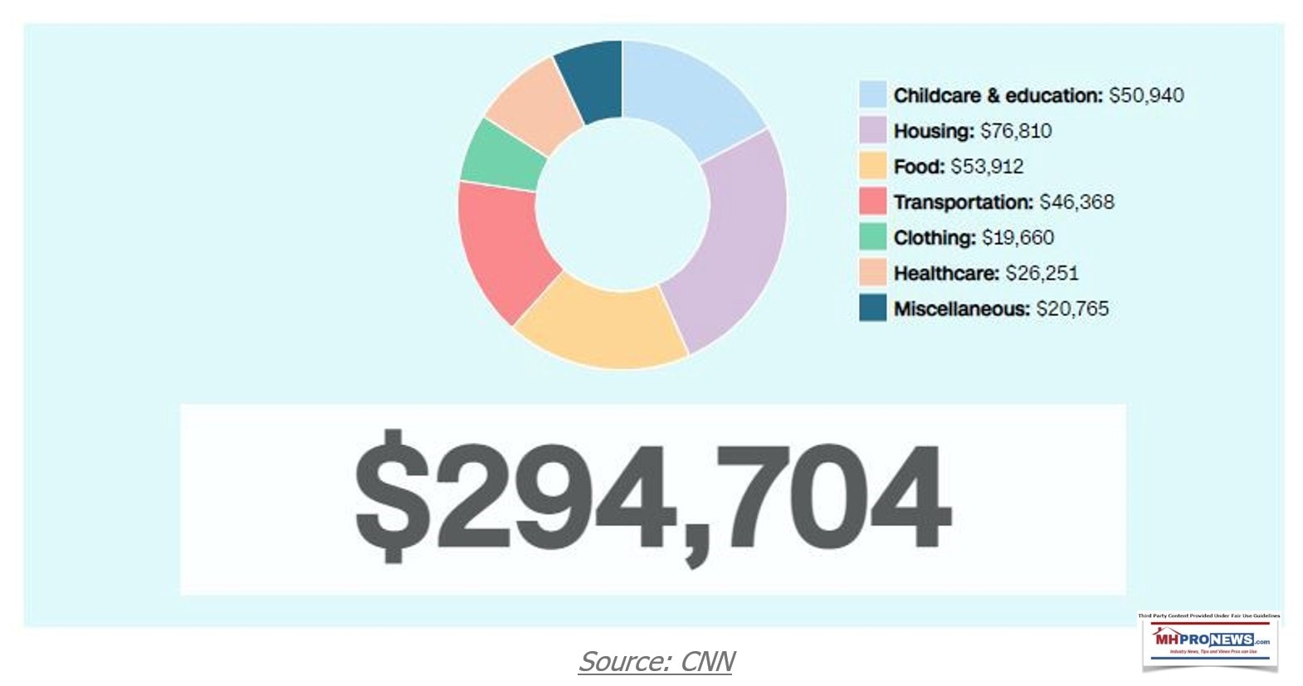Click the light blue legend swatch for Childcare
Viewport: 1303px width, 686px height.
[872, 95]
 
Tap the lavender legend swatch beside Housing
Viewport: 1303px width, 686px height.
[872, 130]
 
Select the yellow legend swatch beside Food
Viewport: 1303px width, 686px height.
[872, 166]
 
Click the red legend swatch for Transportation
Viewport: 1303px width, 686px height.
[872, 202]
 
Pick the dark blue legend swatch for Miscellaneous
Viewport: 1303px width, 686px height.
[872, 309]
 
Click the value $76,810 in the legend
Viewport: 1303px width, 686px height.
[1016, 131]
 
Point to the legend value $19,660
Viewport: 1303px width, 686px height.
[1018, 238]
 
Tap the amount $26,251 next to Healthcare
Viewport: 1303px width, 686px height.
[1042, 273]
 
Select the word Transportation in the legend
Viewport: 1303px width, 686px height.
[963, 202]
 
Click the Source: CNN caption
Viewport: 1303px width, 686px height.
[656, 661]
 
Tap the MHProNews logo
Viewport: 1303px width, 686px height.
[1211, 640]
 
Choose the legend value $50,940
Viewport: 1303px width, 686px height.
[1146, 95]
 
